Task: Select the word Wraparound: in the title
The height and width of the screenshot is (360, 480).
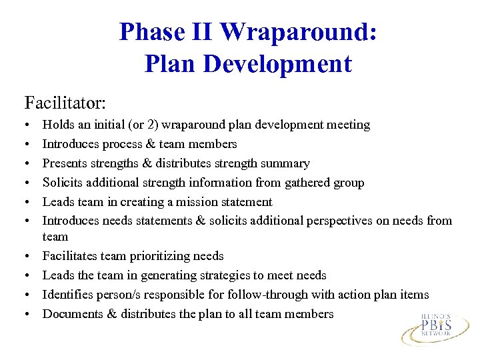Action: [299, 32]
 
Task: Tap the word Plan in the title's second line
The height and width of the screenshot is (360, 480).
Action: [170, 64]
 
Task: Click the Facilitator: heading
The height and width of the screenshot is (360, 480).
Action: [65, 103]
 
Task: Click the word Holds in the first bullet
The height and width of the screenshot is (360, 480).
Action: [57, 125]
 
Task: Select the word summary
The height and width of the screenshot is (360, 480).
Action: [287, 163]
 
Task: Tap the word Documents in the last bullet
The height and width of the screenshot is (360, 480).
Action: [70, 314]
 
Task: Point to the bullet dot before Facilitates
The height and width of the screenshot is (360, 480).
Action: [27, 257]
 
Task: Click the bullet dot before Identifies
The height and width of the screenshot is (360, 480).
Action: [27, 295]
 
